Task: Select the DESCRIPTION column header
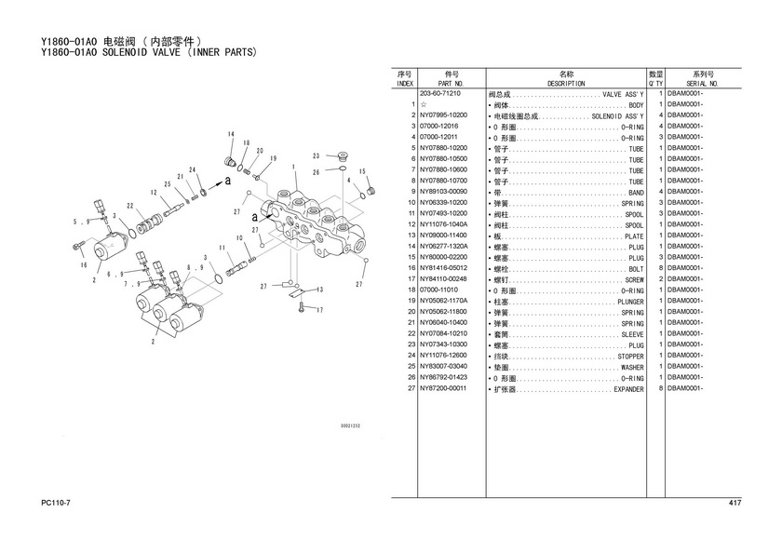[566, 83]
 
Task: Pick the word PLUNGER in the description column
[630, 302]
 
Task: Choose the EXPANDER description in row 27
[628, 389]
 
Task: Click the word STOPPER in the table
[630, 357]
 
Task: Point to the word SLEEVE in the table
[632, 334]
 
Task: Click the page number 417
[735, 504]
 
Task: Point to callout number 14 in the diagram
[230, 135]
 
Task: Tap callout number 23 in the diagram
[316, 155]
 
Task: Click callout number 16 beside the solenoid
[83, 265]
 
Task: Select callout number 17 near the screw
[318, 310]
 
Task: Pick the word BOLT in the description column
[636, 269]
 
